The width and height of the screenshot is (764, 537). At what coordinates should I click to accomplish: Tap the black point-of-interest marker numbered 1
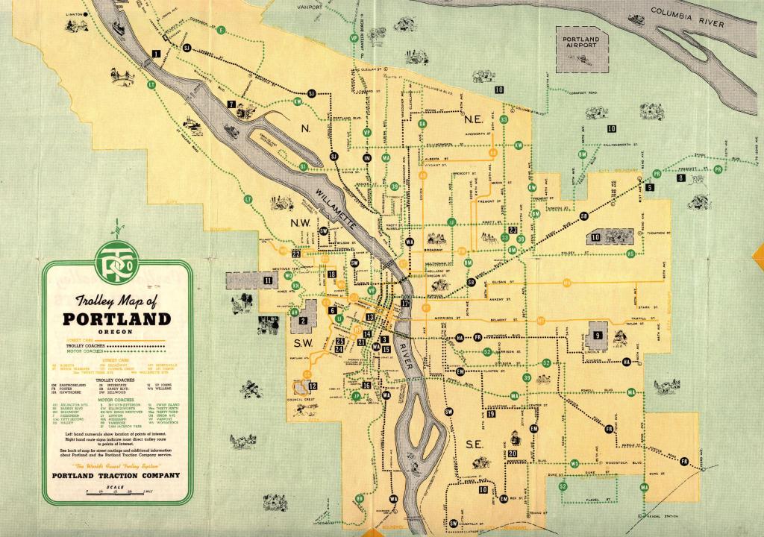pos(155,53)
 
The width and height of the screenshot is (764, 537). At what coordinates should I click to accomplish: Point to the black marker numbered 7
pos(231,104)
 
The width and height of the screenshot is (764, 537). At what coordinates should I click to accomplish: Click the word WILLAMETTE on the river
pos(339,205)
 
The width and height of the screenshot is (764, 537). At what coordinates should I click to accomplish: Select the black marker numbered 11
pos(268,280)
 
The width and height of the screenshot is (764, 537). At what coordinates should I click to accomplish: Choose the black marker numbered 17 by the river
pos(406,304)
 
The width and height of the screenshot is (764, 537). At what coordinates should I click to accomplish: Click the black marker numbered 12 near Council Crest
pos(313,386)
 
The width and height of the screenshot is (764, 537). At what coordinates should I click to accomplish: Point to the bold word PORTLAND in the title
pos(116,319)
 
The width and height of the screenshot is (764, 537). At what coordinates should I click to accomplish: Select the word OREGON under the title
pos(117,333)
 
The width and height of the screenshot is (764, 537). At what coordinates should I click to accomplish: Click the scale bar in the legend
pos(116,491)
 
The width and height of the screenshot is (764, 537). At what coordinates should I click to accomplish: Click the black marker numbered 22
pos(296,254)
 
